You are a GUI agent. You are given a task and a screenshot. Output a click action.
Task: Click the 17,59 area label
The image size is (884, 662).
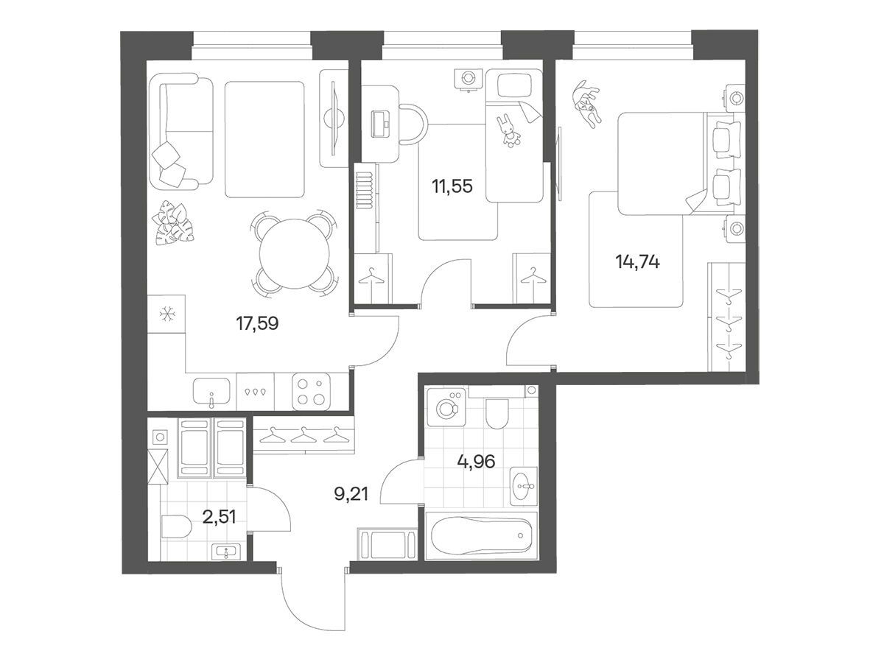tap(257, 323)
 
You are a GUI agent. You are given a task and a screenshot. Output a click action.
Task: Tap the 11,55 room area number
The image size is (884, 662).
tap(452, 186)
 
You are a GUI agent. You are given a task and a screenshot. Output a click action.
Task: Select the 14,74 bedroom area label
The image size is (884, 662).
tap(637, 262)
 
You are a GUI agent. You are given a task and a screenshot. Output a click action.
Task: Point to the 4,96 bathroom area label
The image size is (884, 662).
tap(476, 462)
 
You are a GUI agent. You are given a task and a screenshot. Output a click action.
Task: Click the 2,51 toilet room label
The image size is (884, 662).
tap(219, 517)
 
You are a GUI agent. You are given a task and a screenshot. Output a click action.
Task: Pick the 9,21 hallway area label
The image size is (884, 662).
tap(351, 494)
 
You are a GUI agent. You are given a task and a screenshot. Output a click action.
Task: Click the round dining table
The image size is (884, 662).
tap(295, 253)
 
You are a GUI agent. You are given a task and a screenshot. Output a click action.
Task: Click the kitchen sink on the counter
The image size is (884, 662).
tap(212, 391)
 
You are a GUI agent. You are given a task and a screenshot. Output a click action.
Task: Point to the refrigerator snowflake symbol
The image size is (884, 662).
tap(166, 314)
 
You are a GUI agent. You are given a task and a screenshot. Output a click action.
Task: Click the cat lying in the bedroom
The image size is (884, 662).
tap(587, 104)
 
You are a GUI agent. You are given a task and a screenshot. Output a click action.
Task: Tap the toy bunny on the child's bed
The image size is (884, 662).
tap(508, 131)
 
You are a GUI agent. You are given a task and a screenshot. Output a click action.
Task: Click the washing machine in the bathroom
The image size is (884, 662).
tap(446, 407)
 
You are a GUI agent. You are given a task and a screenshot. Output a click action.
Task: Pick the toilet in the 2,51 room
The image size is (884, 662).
tap(176, 527)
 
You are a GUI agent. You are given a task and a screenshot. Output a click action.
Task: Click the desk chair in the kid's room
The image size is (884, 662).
tap(412, 124)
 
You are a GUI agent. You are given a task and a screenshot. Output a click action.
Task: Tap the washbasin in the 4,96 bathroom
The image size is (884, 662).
tap(524, 486)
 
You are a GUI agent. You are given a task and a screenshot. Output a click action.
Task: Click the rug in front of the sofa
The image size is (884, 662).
tap(264, 140)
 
